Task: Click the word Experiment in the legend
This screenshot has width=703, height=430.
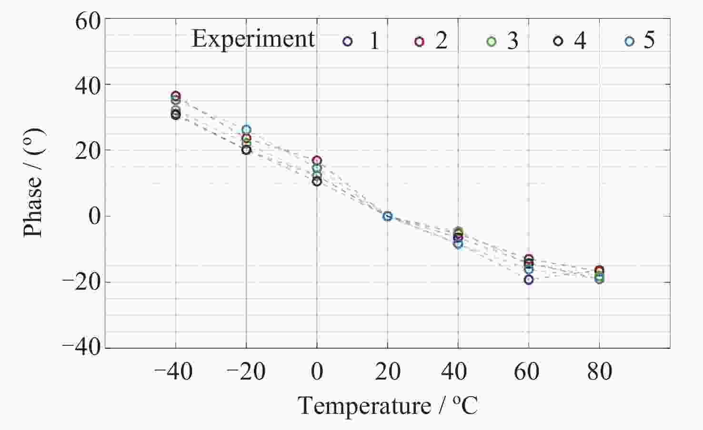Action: pos(253,40)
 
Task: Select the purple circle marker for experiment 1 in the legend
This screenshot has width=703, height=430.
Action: pos(347,41)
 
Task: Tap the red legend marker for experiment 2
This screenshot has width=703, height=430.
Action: pos(419,41)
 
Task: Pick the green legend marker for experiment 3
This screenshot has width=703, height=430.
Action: pos(491,41)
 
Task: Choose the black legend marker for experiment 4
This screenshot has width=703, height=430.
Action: pos(558,41)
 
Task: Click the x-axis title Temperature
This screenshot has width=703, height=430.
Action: pos(364,406)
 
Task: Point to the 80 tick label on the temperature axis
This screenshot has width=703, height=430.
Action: pos(600,371)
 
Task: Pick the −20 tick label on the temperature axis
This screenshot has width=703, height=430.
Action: pos(246,371)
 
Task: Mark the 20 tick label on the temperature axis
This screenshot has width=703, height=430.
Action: pos(388,371)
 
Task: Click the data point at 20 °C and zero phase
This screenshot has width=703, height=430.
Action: pos(387,216)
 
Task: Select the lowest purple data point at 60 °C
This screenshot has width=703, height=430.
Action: pos(529,280)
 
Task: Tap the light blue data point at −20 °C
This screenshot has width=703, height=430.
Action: pos(247,129)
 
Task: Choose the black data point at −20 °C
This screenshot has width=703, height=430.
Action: pos(246,150)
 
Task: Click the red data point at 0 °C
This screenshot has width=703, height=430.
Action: pos(317,160)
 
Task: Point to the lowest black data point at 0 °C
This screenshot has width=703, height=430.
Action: pos(317,181)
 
